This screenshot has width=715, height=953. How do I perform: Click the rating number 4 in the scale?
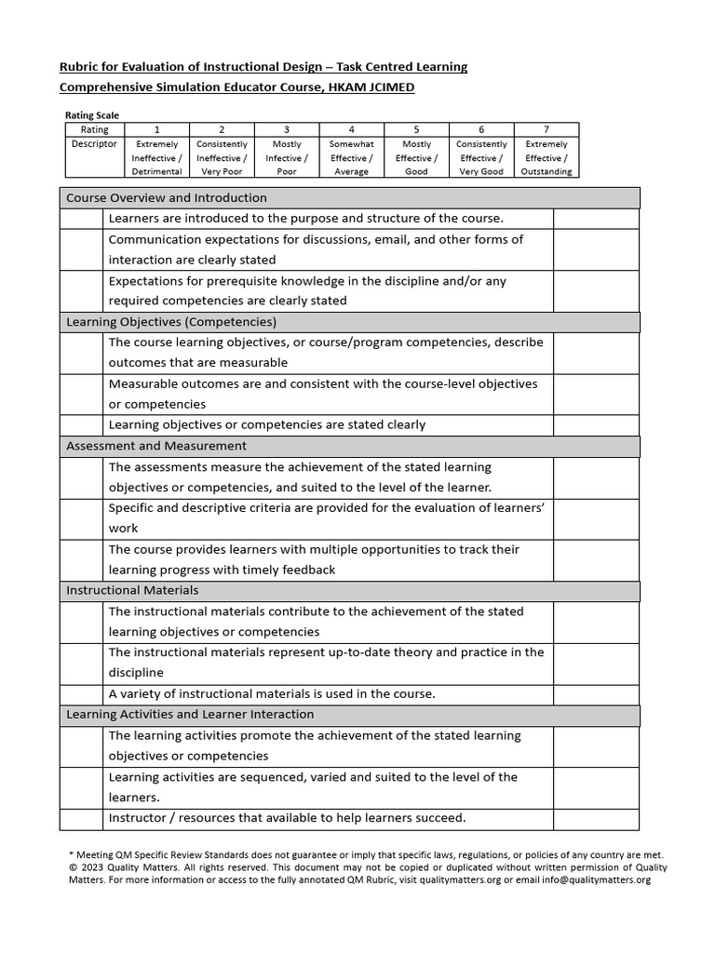click(351, 130)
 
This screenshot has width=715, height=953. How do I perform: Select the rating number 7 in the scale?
click(546, 130)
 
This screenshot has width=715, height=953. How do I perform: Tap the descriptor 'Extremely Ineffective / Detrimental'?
click(156, 158)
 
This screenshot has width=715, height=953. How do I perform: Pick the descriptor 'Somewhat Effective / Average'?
click(351, 158)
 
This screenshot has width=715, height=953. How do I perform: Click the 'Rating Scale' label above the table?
click(92, 115)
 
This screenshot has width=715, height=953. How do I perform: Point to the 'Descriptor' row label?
click(94, 144)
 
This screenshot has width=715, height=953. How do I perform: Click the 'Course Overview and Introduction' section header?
click(167, 198)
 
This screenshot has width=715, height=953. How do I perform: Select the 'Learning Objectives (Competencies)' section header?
click(171, 322)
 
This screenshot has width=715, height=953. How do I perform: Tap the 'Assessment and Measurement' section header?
click(156, 446)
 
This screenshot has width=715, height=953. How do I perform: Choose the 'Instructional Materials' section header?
click(132, 590)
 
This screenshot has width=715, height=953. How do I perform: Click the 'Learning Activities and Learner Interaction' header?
click(190, 714)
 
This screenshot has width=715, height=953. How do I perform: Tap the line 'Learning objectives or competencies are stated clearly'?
click(267, 424)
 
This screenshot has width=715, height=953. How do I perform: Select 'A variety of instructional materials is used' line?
click(272, 693)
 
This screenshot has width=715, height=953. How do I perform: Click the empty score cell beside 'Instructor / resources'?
click(596, 818)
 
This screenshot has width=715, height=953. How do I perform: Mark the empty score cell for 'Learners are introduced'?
click(596, 219)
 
